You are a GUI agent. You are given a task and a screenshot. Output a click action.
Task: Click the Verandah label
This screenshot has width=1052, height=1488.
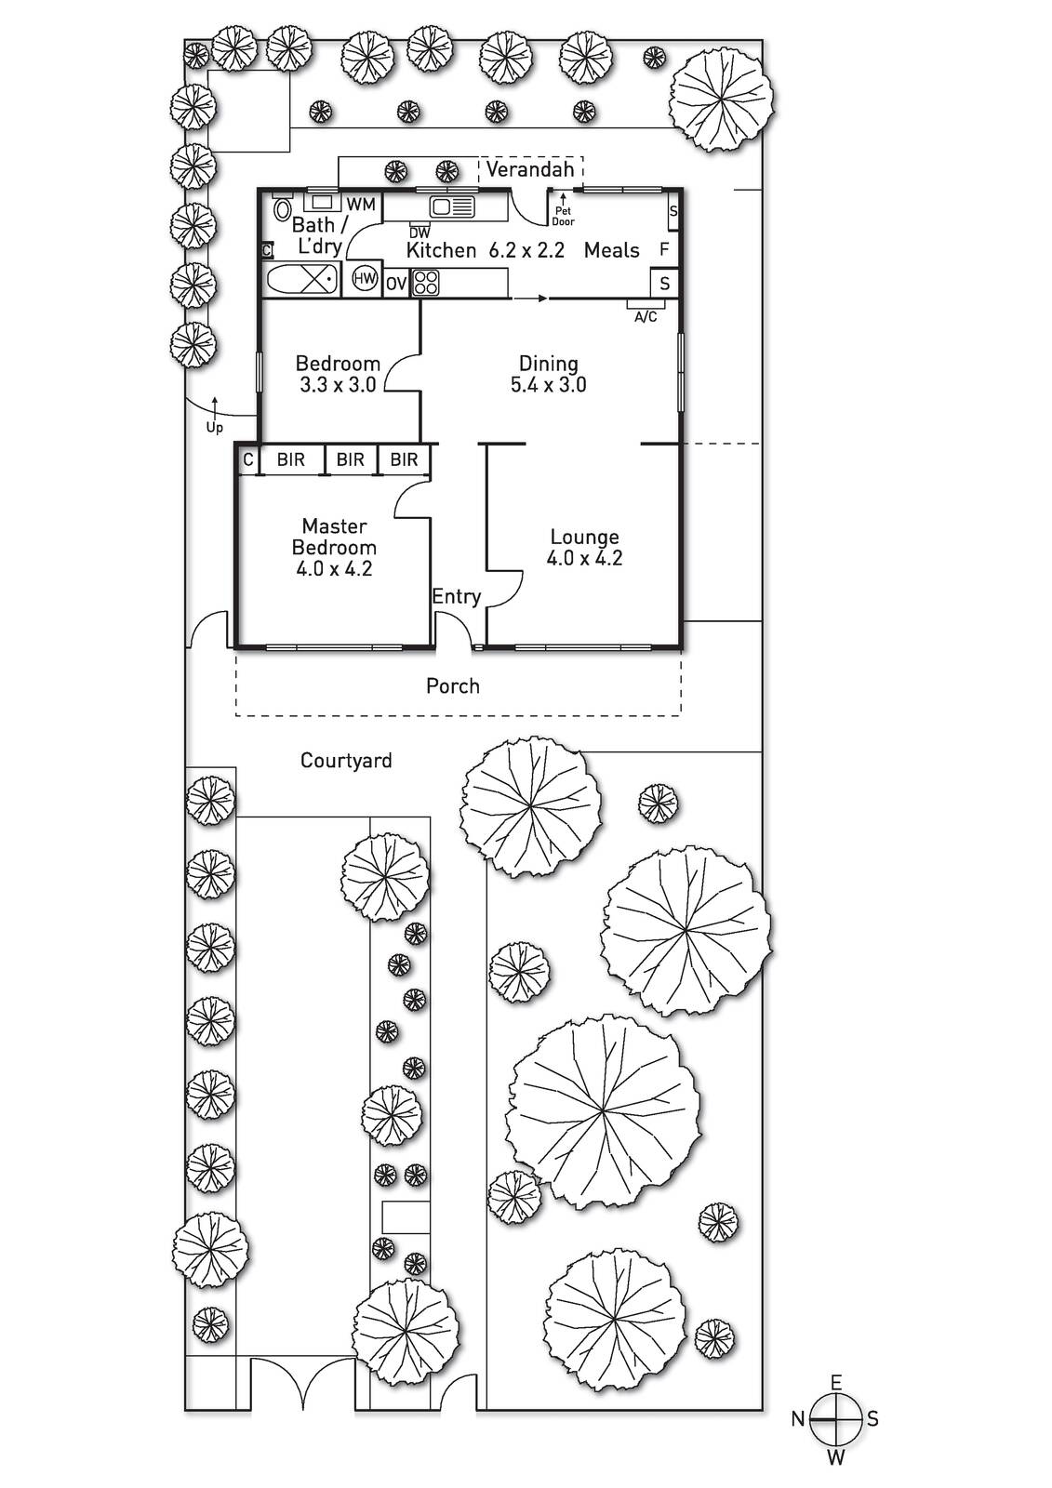[x=529, y=169]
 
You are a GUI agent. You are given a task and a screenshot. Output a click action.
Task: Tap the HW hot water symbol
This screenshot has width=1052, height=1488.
[x=365, y=278]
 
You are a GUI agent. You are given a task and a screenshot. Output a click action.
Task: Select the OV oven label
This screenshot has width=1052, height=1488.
[x=396, y=284]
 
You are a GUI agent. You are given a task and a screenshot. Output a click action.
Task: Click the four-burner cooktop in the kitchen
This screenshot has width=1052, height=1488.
[x=426, y=282]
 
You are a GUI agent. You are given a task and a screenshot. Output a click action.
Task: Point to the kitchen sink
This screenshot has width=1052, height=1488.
[x=452, y=206]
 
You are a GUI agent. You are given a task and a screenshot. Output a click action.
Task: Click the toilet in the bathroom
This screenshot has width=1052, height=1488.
[x=282, y=208]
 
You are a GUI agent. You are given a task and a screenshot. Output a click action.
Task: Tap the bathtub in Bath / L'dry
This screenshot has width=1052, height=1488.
[x=302, y=279]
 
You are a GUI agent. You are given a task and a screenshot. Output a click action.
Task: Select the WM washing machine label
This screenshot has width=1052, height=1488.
[x=360, y=204]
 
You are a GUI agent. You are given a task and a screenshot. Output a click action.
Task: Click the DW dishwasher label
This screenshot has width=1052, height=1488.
[x=419, y=233]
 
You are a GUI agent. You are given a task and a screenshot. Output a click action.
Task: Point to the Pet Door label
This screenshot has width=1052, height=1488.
[x=563, y=216]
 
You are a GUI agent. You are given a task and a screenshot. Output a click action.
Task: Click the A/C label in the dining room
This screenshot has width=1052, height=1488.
[x=646, y=317]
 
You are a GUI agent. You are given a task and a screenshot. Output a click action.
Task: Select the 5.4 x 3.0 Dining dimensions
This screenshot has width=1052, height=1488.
[x=548, y=385]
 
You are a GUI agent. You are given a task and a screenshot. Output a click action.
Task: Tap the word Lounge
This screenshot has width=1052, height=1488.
[x=584, y=537]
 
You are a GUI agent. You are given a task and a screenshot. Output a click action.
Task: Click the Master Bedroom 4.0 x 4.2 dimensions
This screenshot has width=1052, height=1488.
[x=334, y=568]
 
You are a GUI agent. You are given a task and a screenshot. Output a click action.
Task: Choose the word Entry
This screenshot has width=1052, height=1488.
[x=456, y=596]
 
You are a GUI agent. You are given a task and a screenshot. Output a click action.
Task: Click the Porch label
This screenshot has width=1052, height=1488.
[x=453, y=685]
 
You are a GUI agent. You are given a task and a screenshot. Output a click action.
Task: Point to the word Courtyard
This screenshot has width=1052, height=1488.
[x=346, y=761]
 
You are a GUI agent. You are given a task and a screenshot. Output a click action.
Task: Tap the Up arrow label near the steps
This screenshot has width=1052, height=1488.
[x=215, y=428]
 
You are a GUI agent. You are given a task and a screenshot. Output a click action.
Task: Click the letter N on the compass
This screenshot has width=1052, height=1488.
[x=798, y=1419]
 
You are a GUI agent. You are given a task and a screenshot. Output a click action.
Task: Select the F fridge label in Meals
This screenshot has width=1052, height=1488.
[x=663, y=250]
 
